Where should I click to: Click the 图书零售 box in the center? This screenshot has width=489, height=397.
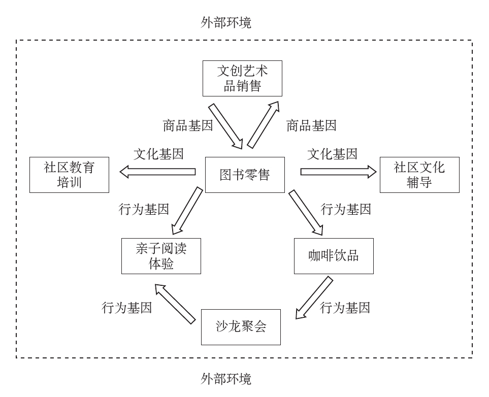pos(245,175)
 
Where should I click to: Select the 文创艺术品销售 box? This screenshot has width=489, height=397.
pos(242,78)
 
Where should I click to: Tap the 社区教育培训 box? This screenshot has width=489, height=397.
pos(69,175)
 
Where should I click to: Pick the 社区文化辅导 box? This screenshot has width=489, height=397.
pos(419,175)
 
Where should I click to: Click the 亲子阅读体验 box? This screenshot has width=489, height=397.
pos(161,256)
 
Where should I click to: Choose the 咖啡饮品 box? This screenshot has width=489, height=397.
pos(334,256)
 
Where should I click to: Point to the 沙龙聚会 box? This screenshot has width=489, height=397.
pos(241,327)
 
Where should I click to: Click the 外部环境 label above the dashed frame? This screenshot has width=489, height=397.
pos(226,23)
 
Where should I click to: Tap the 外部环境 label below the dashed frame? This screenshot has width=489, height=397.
pos(226,379)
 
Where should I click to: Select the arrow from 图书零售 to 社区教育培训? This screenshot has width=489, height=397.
pos(157,172)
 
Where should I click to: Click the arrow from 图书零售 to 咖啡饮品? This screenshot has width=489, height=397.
pos(306,212)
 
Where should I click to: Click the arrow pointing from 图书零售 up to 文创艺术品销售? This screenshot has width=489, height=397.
pos(264,124)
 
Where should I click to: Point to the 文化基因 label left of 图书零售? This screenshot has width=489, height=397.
pos(158,154)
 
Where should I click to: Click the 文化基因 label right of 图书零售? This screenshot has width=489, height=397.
pos(332,154)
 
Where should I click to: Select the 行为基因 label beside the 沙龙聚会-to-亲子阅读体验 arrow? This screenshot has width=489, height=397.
pos(127,307)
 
